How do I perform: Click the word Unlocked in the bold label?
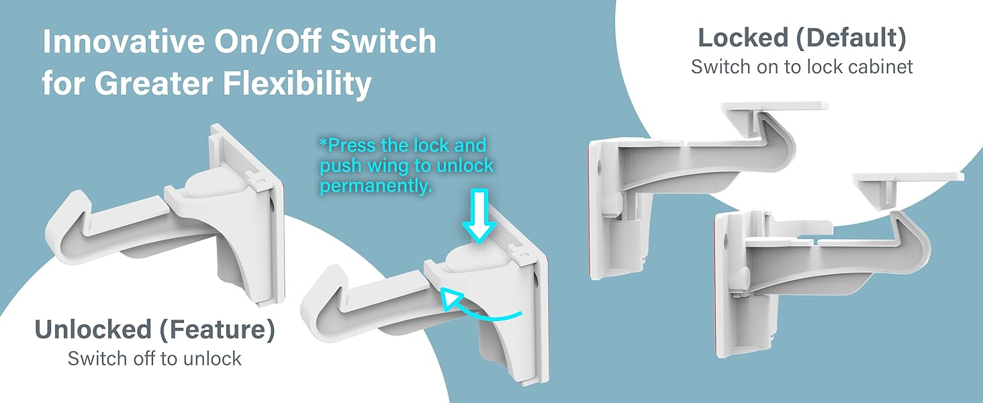click(x=93, y=330)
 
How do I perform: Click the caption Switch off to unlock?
click(x=154, y=359)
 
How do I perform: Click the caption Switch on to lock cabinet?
click(x=802, y=67)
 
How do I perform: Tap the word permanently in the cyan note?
click(x=375, y=187)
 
